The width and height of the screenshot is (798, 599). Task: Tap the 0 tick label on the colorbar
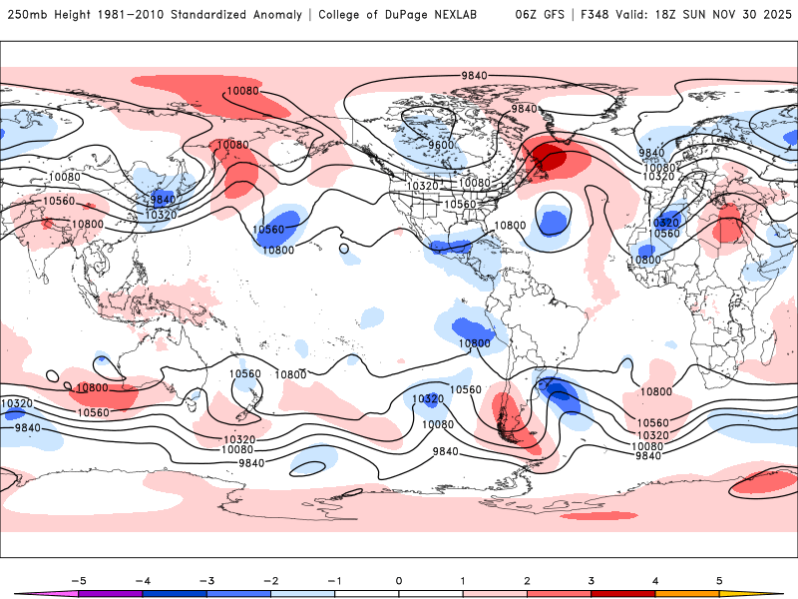399,580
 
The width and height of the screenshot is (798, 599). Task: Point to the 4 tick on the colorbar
656,580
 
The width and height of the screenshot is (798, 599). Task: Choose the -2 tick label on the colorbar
270,580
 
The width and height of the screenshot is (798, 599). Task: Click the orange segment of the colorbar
688,593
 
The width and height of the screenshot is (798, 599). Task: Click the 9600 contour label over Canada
442,145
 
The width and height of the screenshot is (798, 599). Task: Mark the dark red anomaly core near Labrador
547,157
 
